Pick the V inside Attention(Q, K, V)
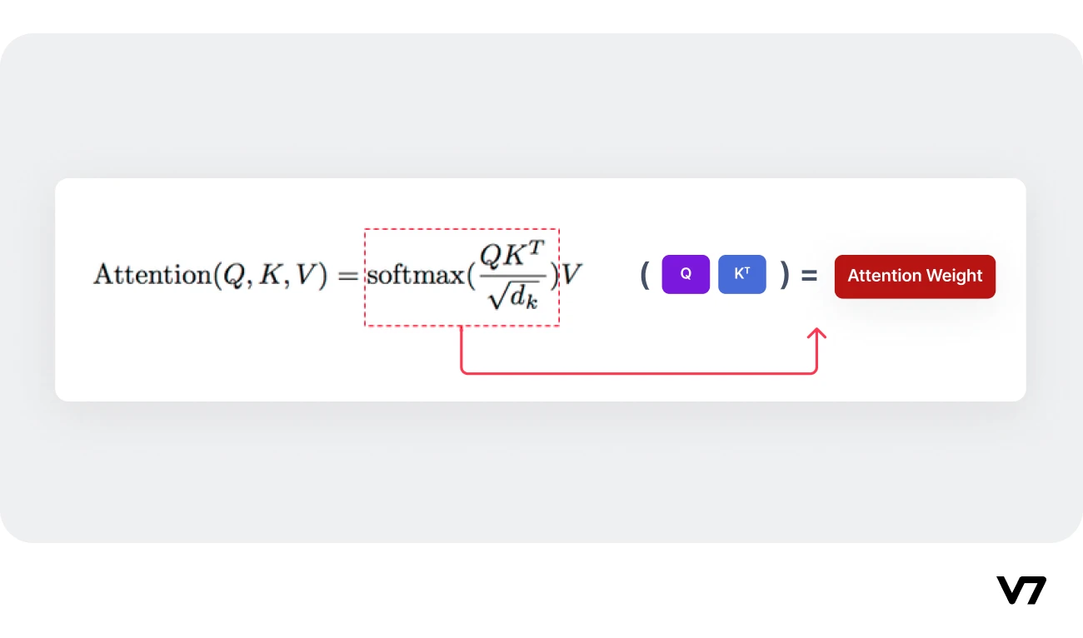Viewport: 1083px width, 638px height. point(308,275)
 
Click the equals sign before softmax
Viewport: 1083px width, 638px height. point(347,275)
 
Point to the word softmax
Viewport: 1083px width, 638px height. point(415,275)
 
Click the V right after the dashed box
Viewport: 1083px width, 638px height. point(571,275)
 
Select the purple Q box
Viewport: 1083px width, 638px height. point(686,274)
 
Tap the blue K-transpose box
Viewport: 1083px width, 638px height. point(741,274)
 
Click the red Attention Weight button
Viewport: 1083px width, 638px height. point(915,276)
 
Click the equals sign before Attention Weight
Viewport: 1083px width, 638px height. point(809,275)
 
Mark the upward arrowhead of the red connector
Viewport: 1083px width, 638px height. point(817,334)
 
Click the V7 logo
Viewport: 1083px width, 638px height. point(1021,590)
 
